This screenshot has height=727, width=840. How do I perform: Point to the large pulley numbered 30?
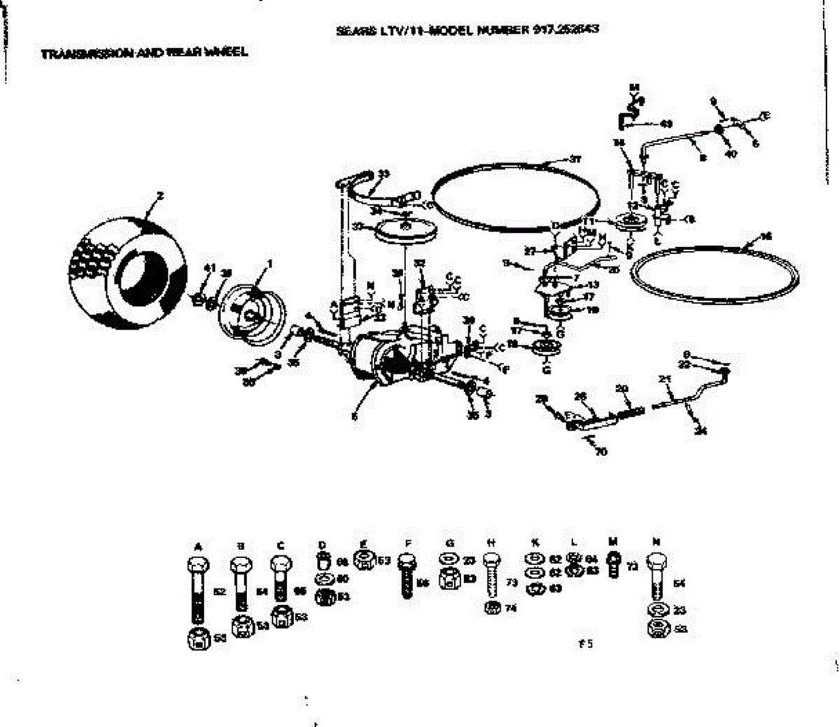pyautogui.click(x=404, y=231)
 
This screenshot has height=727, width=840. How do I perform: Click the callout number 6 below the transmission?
pyautogui.click(x=355, y=415)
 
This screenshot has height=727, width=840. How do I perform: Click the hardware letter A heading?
pyautogui.click(x=198, y=546)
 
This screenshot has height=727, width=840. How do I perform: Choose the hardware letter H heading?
pyautogui.click(x=491, y=542)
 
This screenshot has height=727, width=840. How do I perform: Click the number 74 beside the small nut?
pyautogui.click(x=510, y=609)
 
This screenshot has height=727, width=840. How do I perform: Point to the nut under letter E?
pyautogui.click(x=364, y=560)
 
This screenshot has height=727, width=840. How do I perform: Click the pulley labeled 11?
pyautogui.click(x=631, y=223)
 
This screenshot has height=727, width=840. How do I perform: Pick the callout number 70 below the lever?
pyautogui.click(x=601, y=451)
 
